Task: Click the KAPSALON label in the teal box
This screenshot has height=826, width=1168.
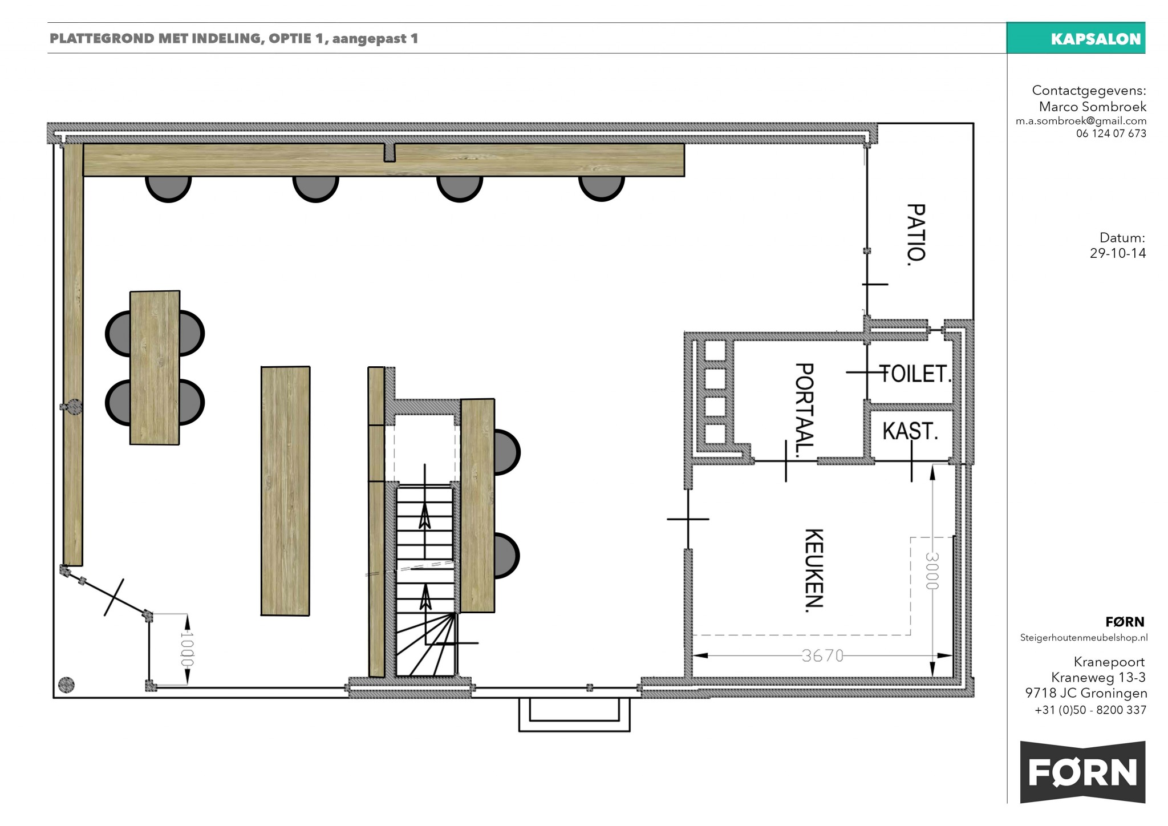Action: click(1096, 39)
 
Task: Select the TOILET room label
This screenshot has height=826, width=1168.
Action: click(916, 374)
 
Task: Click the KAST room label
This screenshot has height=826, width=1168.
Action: click(910, 431)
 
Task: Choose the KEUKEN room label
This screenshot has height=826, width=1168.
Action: click(814, 570)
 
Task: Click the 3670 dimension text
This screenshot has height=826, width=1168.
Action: click(822, 656)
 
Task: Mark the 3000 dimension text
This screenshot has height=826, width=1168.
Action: click(931, 570)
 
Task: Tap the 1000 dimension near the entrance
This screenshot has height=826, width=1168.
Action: click(186, 649)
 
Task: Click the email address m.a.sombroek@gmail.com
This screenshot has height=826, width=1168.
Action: click(1081, 121)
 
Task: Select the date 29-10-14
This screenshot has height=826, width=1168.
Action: click(1117, 253)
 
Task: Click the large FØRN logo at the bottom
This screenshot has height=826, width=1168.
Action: click(1082, 772)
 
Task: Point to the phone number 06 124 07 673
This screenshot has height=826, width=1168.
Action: click(1111, 133)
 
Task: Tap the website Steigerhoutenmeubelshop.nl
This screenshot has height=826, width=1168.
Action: click(1084, 638)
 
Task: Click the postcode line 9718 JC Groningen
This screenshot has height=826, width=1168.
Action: click(1086, 693)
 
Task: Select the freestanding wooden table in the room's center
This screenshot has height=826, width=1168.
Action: click(285, 491)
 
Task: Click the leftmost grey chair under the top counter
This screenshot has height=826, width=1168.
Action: click(168, 189)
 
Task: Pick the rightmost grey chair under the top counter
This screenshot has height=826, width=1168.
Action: click(601, 189)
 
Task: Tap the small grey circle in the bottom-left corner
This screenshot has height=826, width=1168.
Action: click(67, 685)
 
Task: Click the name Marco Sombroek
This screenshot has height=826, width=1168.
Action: click(1092, 107)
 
